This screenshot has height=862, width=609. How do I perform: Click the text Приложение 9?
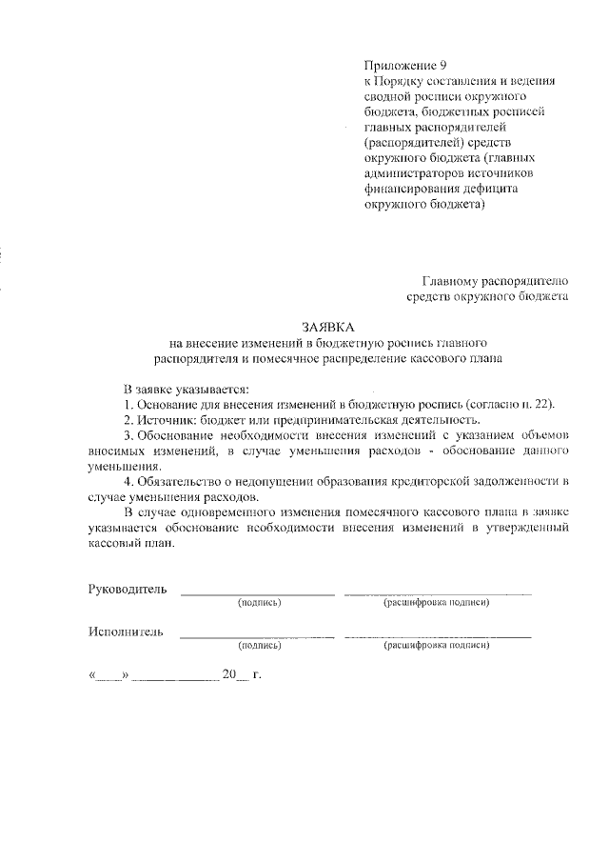tap(404, 65)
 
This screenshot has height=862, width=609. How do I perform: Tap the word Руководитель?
tap(128, 589)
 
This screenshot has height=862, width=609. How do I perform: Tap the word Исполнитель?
tap(126, 631)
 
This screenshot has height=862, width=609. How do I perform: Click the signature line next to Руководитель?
tap(257, 594)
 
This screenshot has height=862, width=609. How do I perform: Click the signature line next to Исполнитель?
tap(257, 636)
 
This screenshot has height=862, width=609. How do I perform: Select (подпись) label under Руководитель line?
tap(260, 604)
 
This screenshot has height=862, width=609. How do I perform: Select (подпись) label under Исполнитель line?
tap(260, 646)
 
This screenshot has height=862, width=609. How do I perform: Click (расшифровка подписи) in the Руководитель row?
tap(436, 604)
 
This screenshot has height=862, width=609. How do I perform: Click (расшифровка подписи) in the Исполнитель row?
tap(436, 646)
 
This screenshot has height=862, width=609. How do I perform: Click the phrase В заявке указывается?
tap(186, 389)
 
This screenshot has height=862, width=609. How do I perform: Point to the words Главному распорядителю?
tap(495, 281)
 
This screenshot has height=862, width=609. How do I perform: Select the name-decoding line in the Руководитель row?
tap(438, 594)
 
